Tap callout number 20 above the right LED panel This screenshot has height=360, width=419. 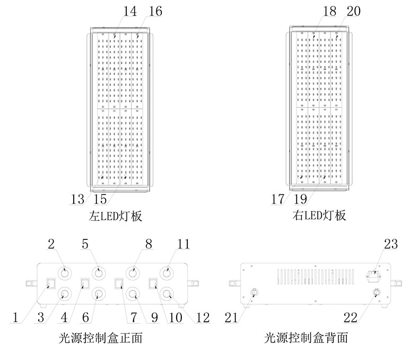click(354, 11)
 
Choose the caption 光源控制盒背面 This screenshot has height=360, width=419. click(307, 338)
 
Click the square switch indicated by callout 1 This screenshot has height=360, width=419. click(51, 282)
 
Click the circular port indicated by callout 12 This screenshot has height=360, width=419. click(167, 293)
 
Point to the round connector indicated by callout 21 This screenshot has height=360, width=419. click(254, 293)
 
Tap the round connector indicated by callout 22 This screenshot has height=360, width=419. click(377, 293)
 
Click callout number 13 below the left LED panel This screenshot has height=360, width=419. click(77, 200)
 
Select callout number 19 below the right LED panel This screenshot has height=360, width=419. click(301, 200)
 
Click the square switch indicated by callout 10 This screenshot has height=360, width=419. click(153, 282)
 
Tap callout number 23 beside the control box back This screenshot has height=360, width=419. click(390, 244)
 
